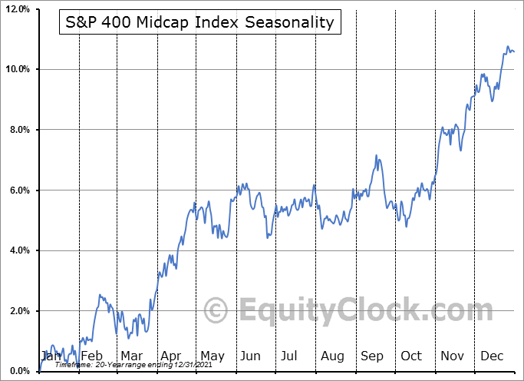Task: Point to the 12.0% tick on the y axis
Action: [15, 9]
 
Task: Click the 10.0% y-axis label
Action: [15, 69]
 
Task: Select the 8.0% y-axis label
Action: [17, 130]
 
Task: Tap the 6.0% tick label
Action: [17, 190]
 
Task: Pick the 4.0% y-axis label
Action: [17, 250]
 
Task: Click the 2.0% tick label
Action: [17, 311]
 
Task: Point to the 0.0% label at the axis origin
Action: [17, 372]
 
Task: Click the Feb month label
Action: [91, 356]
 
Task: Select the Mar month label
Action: [131, 356]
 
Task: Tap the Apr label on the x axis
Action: [170, 356]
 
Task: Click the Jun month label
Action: [251, 356]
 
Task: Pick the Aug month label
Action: [332, 356]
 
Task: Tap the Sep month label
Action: [372, 356]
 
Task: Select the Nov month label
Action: [452, 356]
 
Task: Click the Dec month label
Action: [492, 356]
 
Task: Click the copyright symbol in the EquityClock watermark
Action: [217, 311]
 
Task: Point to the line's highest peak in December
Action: [507, 47]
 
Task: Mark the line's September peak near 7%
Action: [377, 155]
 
